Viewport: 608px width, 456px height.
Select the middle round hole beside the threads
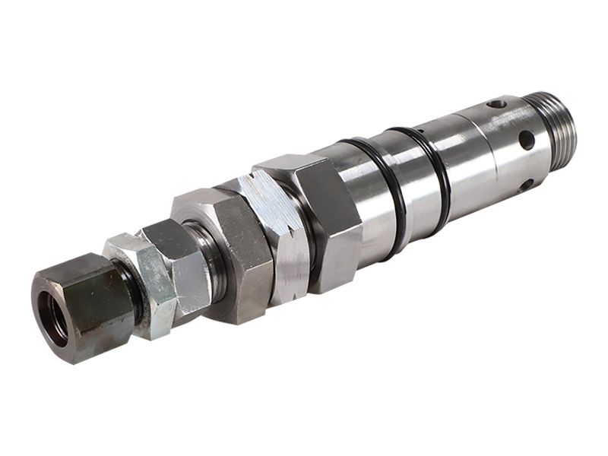click(525, 140)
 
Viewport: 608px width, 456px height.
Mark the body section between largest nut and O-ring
click(352, 205)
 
